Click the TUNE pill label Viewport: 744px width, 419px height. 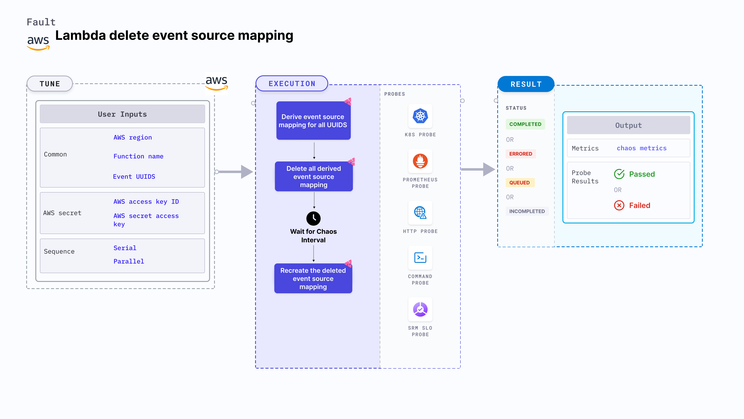(x=50, y=84)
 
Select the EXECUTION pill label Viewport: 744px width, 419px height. (x=292, y=84)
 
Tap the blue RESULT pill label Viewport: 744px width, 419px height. (x=526, y=84)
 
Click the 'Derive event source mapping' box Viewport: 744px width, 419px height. (x=313, y=121)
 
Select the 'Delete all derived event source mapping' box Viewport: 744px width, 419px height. (x=314, y=176)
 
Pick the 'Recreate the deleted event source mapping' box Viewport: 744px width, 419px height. (x=313, y=278)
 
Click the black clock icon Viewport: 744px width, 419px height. (x=313, y=218)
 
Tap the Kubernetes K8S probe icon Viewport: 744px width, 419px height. (x=420, y=116)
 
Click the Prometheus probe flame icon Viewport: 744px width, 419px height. (x=420, y=161)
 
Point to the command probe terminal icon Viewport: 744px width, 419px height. (x=420, y=258)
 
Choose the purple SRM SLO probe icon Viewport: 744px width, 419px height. (x=420, y=309)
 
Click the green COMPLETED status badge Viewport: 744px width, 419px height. (x=525, y=124)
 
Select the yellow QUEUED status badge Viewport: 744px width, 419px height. (x=519, y=183)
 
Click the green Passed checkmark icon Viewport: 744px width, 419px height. (x=619, y=174)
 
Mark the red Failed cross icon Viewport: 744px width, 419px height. (x=619, y=205)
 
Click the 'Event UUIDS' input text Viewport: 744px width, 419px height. (x=134, y=176)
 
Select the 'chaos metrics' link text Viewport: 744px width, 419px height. (x=641, y=148)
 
